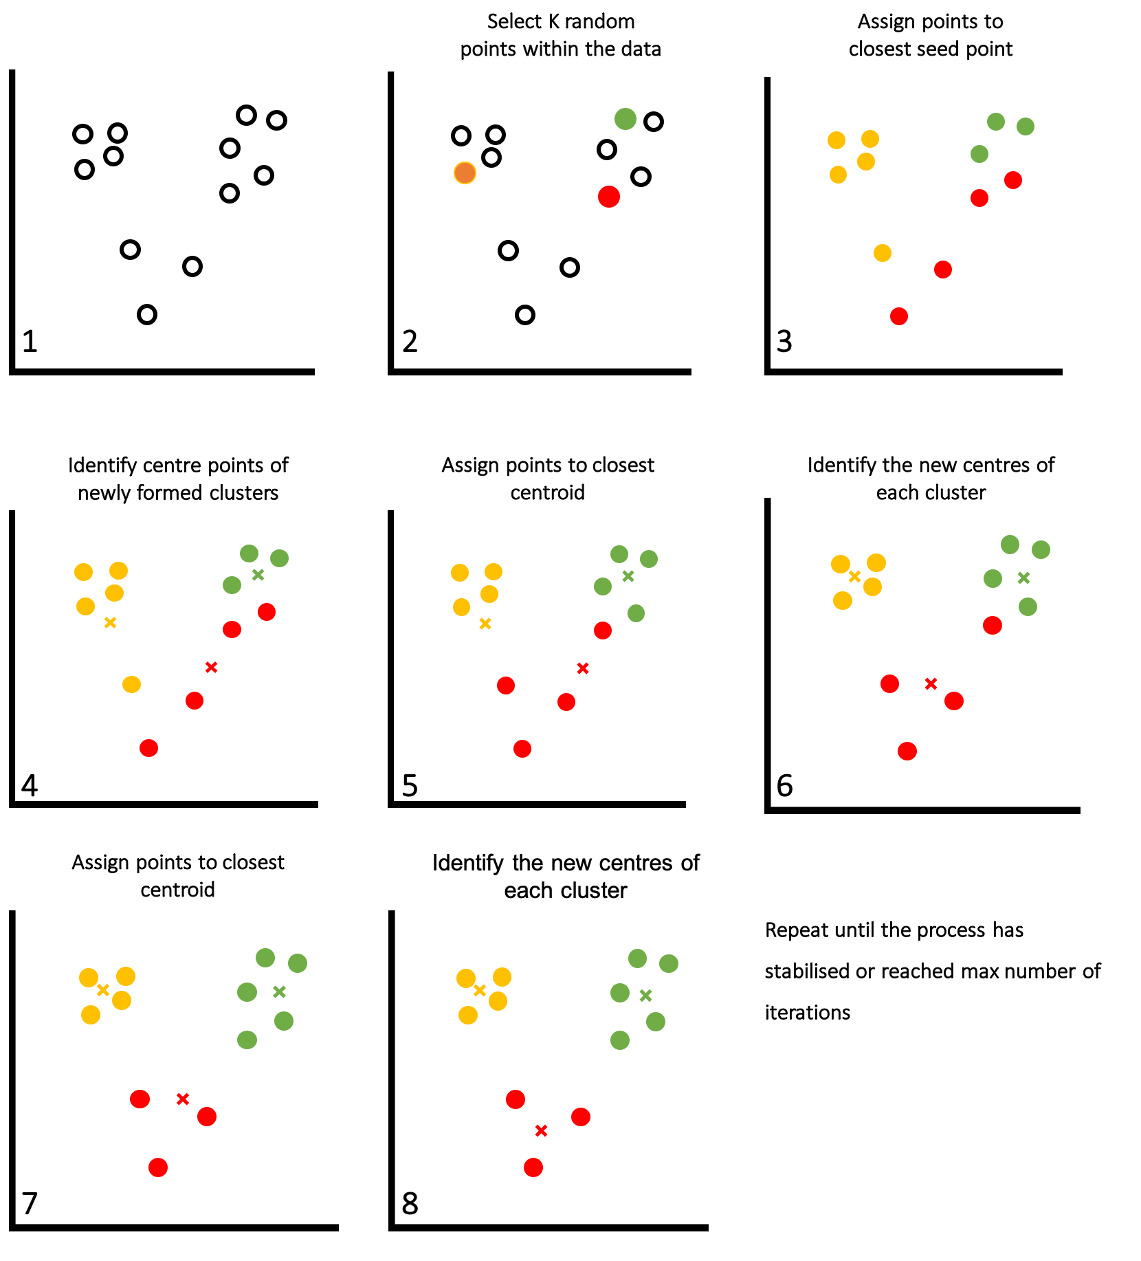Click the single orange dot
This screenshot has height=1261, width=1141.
click(465, 173)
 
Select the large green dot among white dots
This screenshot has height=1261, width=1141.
click(625, 119)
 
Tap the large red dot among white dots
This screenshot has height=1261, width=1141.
click(609, 197)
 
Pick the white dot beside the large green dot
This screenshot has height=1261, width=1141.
click(654, 122)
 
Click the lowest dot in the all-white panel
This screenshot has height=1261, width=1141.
click(147, 315)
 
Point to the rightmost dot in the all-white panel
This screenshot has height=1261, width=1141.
click(276, 120)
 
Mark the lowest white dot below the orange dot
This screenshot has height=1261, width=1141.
click(525, 315)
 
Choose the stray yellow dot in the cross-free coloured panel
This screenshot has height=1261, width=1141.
click(883, 253)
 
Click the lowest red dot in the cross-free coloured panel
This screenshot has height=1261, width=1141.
click(899, 316)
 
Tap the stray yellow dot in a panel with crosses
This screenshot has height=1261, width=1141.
click(131, 684)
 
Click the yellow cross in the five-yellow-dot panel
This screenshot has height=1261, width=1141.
click(110, 623)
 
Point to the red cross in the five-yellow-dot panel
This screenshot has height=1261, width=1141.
click(211, 667)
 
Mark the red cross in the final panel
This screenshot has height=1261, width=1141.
click(541, 1130)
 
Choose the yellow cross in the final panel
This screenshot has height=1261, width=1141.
click(480, 990)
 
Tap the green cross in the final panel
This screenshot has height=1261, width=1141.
click(645, 996)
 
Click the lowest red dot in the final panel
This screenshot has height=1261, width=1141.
click(533, 1167)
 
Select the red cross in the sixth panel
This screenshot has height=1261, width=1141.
click(931, 683)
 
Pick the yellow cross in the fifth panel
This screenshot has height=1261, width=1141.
click(485, 624)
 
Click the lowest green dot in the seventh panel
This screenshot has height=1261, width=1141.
click(247, 1040)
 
